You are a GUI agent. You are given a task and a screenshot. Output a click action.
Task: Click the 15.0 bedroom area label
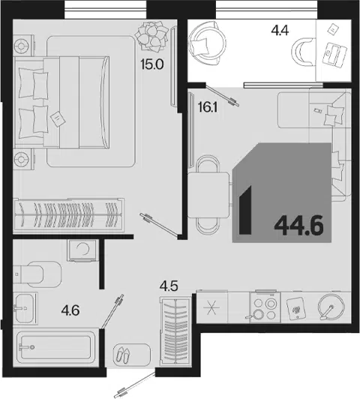click(x=152, y=65)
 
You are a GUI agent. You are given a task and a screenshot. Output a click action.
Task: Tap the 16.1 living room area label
click(x=207, y=108)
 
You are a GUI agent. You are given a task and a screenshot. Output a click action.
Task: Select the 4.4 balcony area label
click(x=280, y=31)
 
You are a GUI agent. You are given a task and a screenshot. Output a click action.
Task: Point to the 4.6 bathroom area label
click(x=70, y=310)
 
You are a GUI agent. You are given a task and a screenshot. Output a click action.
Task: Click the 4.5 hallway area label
click(x=169, y=286)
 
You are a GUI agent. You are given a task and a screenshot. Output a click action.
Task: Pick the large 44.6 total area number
click(x=298, y=226)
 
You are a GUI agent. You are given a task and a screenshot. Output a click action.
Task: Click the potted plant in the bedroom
click(x=152, y=36)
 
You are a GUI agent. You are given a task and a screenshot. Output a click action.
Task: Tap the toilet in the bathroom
click(x=37, y=274)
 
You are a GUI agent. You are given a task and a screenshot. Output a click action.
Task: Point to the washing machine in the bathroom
click(x=82, y=250)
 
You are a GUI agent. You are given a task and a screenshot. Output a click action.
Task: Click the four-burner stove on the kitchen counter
click(x=265, y=307)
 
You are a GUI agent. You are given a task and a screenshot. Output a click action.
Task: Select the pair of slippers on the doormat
click(x=123, y=355)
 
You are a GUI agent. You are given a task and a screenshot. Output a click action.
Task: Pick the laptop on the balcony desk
click(x=334, y=55)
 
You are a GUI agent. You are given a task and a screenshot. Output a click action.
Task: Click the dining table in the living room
click(x=208, y=195)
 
